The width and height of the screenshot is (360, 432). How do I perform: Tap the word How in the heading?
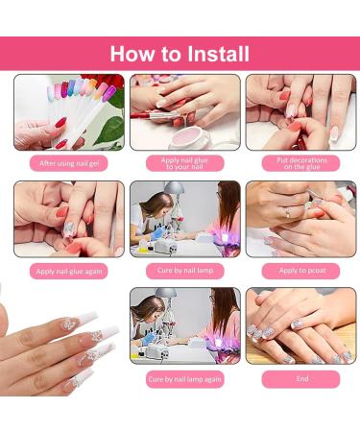[129, 53]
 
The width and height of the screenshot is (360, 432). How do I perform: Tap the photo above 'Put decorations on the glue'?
[300, 111]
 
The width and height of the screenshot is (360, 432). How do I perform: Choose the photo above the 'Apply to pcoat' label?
[300, 218]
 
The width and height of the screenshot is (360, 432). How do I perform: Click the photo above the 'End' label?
[300, 325]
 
